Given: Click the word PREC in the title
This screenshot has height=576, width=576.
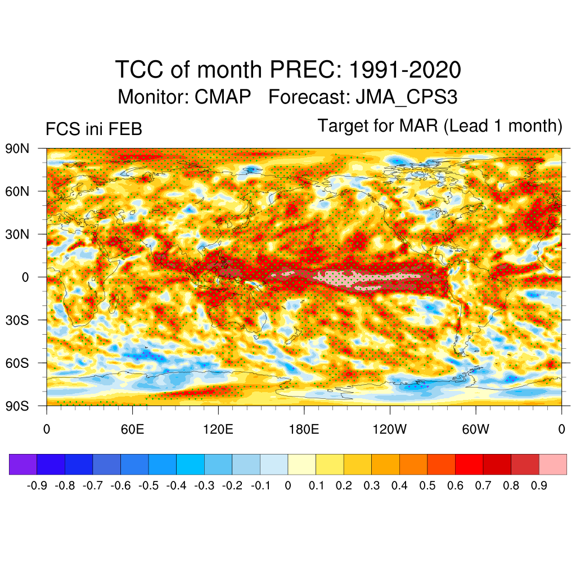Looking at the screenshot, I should (303, 70).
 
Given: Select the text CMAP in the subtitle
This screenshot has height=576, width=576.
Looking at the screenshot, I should (223, 97).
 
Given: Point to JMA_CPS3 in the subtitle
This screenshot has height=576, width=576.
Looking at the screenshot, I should (406, 97).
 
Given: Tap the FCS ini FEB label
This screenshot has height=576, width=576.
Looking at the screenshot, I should (93, 129).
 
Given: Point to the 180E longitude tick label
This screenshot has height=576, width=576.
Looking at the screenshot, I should (304, 430).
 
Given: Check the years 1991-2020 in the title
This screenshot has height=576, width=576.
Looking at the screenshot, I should (405, 70).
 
